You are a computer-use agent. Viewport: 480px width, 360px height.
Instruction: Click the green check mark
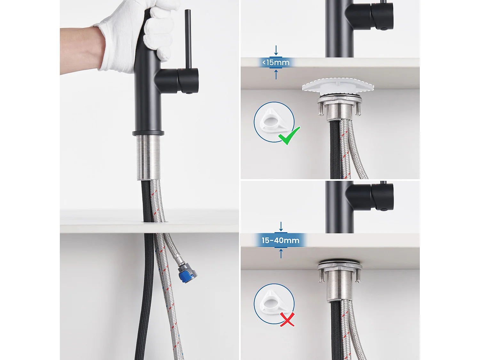(x=289, y=136)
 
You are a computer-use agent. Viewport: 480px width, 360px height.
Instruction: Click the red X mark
(x=287, y=319)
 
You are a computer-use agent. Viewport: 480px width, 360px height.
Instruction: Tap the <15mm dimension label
(x=276, y=63)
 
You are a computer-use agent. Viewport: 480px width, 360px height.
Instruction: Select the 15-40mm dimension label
(x=280, y=240)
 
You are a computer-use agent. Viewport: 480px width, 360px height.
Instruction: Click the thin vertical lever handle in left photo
(x=188, y=38)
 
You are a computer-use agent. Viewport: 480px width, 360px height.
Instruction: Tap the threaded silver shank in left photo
(x=148, y=157)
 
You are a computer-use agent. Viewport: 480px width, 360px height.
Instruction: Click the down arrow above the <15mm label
(x=276, y=51)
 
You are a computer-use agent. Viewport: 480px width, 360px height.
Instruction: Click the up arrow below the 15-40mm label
(x=281, y=253)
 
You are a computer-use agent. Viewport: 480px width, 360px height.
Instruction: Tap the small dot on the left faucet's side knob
(x=189, y=93)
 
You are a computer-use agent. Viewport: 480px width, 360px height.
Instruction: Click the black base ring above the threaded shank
(x=148, y=133)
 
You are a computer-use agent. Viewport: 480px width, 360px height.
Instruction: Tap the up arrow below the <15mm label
(x=276, y=74)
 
